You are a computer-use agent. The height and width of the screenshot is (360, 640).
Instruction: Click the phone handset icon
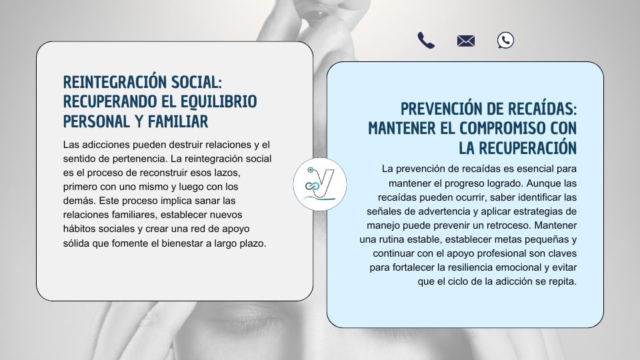coord(426,41)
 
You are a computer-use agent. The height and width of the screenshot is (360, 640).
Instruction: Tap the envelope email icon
coord(466,41)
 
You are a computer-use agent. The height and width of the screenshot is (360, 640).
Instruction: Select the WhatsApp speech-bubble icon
coord(505,41)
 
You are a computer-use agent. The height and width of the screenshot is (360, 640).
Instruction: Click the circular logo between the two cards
coord(320,184)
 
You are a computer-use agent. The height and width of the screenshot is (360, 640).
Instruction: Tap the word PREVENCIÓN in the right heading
coord(441,109)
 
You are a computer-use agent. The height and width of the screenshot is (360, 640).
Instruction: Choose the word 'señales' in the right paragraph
coord(383,211)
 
